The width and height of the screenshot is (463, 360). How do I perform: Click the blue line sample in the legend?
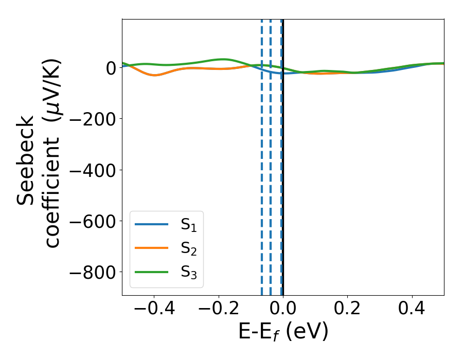pos(151,225)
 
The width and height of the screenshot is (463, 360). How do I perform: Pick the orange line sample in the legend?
pos(151,248)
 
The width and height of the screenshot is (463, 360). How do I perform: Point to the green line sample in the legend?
pos(151,272)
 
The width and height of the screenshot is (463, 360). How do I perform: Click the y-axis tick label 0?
pos(109,68)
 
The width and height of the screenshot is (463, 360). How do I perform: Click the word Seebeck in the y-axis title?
pos(26,160)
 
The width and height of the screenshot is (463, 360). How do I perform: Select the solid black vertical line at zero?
pos(283,154)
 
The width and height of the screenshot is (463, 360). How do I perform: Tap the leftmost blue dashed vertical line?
pos(262,154)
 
